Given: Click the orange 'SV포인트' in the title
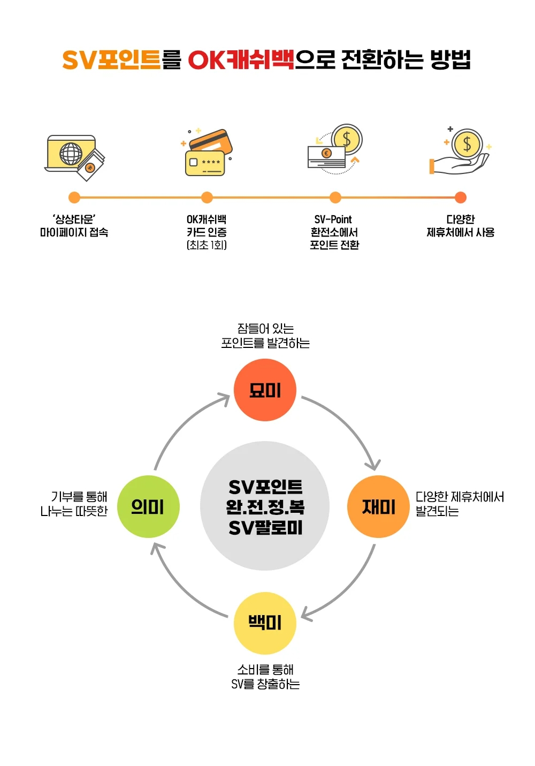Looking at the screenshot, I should click(111, 59).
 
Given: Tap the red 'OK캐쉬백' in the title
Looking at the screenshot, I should click(241, 59).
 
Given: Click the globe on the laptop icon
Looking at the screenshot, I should click(71, 154).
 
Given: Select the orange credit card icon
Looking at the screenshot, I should click(210, 141).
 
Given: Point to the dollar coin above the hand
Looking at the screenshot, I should click(467, 144).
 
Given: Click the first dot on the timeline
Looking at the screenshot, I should click(74, 198).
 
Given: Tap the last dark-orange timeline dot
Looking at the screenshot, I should click(461, 198).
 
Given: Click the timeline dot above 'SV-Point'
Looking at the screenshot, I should click(335, 198).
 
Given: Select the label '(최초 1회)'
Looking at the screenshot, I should click(207, 245).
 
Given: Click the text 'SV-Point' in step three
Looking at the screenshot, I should click(333, 219).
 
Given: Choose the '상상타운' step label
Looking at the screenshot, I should click(74, 219).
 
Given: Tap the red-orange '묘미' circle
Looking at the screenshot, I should click(265, 390).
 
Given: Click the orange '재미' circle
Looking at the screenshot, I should click(378, 506).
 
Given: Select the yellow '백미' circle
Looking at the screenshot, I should click(265, 623).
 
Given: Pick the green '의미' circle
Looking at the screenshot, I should click(148, 506).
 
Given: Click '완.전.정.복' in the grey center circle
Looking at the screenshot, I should click(265, 507).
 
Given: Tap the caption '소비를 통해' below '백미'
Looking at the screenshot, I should click(265, 670).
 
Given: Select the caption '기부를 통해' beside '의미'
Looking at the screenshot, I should click(79, 497).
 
